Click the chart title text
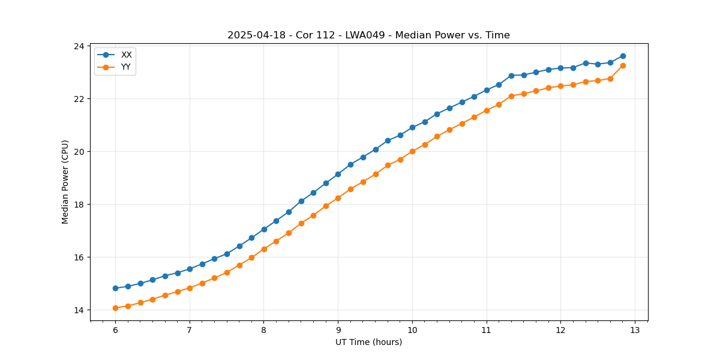368,35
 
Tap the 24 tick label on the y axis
79,46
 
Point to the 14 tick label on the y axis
79,310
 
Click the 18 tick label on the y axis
79,205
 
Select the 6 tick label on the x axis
115,331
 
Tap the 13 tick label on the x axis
635,331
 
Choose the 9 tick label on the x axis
338,331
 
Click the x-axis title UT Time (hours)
368,343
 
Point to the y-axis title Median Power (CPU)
65,182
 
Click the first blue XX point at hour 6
115,288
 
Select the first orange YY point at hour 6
115,308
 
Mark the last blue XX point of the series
623,56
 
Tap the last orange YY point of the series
623,65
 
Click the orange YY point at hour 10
412,151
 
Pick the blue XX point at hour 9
338,174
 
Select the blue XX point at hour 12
560,68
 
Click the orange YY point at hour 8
264,249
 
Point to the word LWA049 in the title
365,35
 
